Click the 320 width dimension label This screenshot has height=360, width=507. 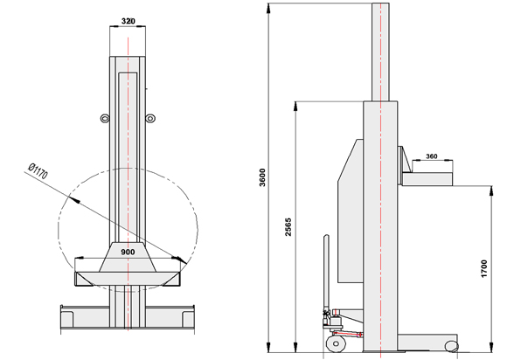pos(128,21)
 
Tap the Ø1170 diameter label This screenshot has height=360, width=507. pos(38,171)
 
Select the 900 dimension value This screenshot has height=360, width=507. pos(128,252)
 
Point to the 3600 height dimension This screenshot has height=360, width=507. pos(262,177)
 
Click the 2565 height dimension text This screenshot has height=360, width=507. pos(288,227)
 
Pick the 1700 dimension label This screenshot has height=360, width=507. pos(483,268)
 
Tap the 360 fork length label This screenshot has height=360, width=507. pos(431,156)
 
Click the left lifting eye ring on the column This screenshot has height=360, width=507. pos(105,119)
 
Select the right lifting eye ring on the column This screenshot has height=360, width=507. pos(149,119)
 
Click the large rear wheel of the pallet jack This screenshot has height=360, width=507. pos(336,343)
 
